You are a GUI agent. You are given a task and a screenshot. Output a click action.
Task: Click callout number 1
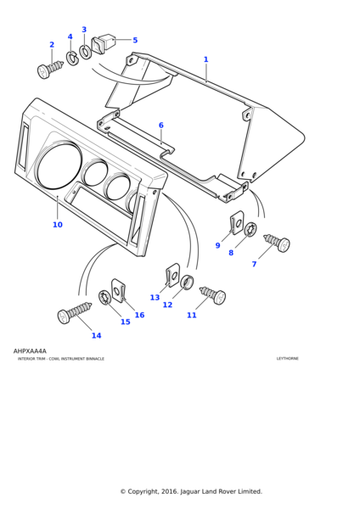(205, 59)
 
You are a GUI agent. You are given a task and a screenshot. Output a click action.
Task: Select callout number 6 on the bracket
(160, 126)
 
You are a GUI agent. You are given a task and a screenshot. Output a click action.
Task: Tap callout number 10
(57, 225)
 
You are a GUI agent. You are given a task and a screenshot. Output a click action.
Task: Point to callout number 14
(96, 335)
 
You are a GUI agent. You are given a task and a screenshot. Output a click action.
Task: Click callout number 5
(135, 40)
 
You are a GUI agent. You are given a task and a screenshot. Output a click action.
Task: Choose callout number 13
(155, 297)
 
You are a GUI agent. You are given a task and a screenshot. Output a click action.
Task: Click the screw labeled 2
(51, 68)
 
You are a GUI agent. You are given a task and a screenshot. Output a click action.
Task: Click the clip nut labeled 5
(106, 42)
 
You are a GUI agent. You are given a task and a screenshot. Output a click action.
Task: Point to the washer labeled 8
(250, 229)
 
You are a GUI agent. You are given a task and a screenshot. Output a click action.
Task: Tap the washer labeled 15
(104, 297)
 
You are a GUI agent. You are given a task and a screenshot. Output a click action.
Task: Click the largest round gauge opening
(59, 166)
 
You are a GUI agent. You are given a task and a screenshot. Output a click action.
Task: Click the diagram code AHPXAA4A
(30, 350)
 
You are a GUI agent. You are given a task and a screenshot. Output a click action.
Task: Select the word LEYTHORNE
(287, 359)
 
